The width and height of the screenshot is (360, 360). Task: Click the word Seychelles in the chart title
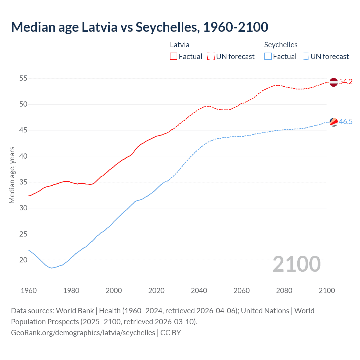tap(168, 27)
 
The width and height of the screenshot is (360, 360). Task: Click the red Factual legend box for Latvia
tap(174, 57)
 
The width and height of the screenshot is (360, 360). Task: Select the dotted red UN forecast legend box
tap(211, 57)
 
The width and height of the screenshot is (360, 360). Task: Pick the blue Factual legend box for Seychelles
tap(268, 57)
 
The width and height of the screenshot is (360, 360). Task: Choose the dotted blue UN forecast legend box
tap(305, 57)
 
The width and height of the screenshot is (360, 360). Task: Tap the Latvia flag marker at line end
tap(333, 82)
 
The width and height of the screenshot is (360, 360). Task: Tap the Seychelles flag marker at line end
tap(333, 122)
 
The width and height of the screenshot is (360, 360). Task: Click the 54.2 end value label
tap(346, 82)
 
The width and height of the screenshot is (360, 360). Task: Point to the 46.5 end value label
tap(346, 122)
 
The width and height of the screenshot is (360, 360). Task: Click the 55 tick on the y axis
tap(23, 78)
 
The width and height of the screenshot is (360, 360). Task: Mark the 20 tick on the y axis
tap(23, 260)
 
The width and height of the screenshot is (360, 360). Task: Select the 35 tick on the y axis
tap(23, 182)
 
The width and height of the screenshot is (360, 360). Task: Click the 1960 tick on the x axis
tap(29, 291)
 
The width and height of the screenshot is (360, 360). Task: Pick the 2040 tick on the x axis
tap(199, 291)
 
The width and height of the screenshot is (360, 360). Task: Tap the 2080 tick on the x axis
tap(284, 291)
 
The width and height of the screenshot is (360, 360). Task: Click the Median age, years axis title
tap(12, 175)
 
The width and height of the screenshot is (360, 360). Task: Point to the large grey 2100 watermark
tap(296, 264)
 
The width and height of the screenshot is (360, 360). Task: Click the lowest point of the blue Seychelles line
tap(52, 268)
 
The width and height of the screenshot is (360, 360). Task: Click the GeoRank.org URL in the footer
tap(83, 333)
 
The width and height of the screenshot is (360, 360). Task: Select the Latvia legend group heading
tap(180, 45)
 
